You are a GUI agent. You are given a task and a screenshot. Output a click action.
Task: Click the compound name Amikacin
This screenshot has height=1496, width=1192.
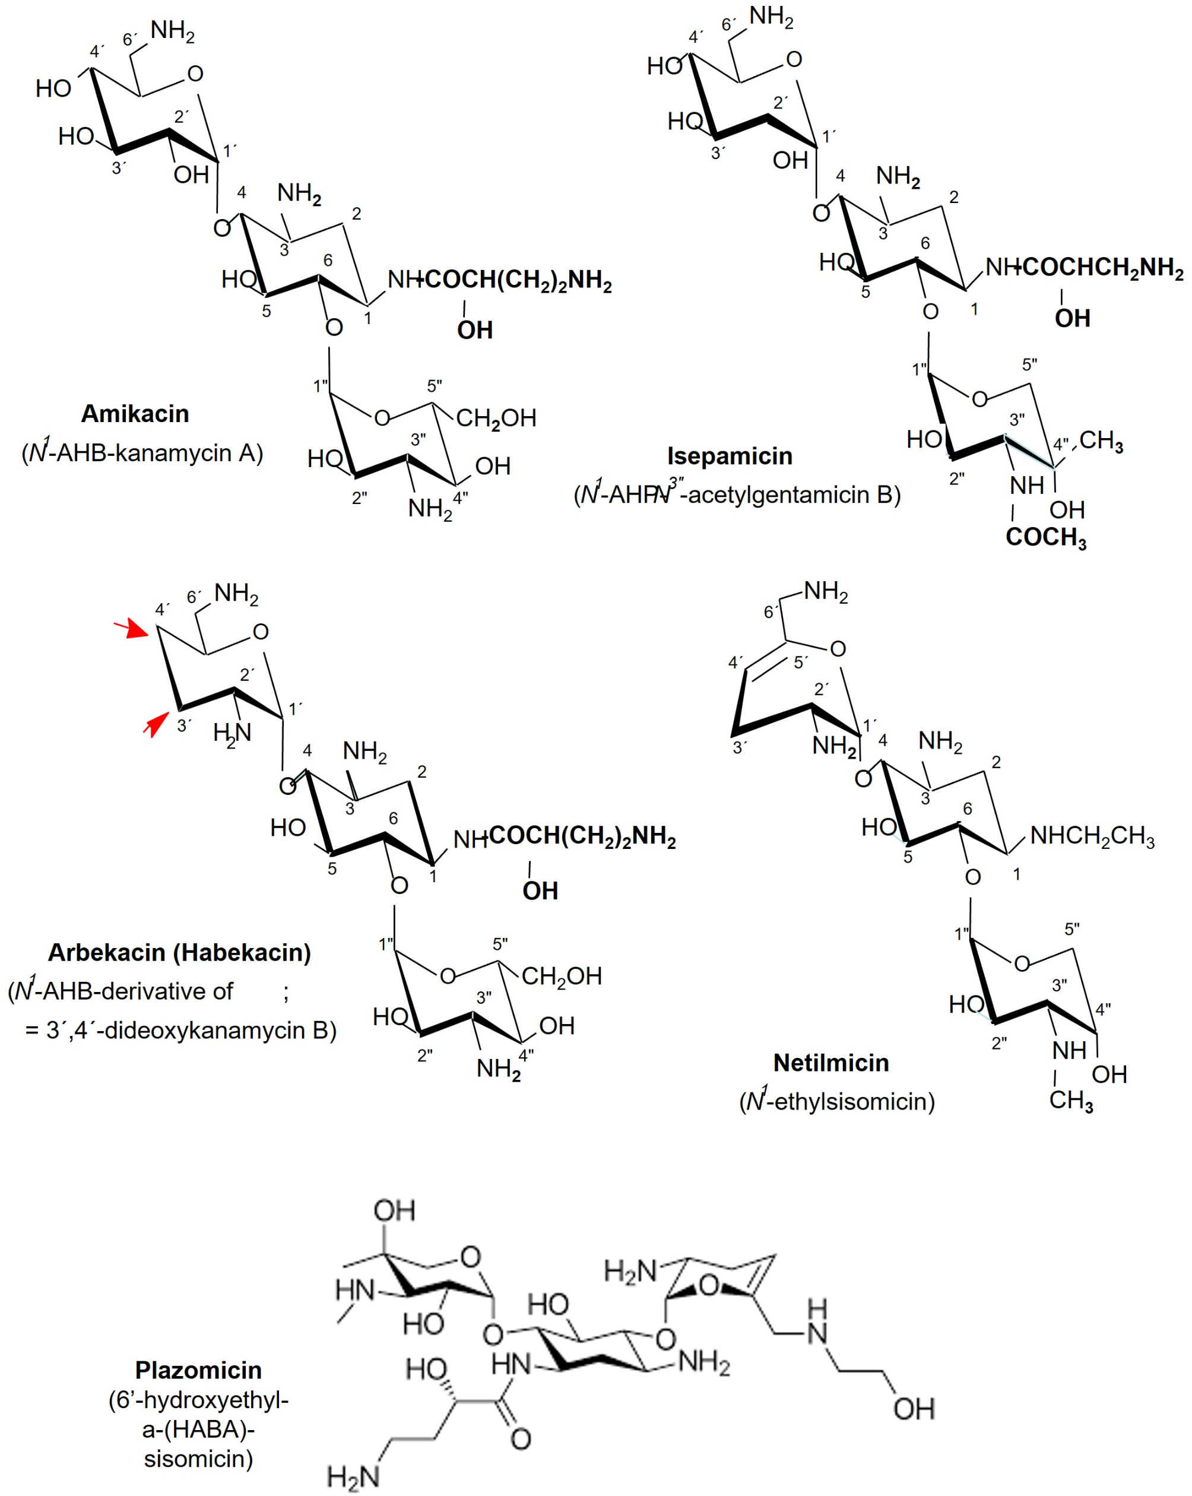pyautogui.click(x=135, y=414)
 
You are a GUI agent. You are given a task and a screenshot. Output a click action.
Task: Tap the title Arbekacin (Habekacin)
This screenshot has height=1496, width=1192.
pyautogui.click(x=179, y=952)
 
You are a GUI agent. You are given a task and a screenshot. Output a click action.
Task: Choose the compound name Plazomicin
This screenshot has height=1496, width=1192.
pyautogui.click(x=198, y=1370)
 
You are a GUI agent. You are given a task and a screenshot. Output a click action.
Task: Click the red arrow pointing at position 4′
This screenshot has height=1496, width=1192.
pyautogui.click(x=131, y=630)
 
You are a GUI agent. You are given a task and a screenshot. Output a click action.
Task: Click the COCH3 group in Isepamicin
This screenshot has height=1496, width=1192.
pyautogui.click(x=1045, y=537)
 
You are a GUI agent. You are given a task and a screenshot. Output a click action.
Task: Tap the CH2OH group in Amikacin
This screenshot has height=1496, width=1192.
pyautogui.click(x=496, y=419)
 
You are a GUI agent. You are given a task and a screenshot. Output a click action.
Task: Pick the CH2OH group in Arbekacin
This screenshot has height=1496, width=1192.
pyautogui.click(x=562, y=977)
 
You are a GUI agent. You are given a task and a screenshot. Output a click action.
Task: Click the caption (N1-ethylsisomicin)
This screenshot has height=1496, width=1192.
pyautogui.click(x=837, y=1101)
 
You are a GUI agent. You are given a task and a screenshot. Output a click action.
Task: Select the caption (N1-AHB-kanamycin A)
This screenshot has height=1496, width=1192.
pyautogui.click(x=142, y=452)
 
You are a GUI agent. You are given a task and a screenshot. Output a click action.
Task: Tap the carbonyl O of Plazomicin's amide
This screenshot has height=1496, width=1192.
pyautogui.click(x=521, y=1438)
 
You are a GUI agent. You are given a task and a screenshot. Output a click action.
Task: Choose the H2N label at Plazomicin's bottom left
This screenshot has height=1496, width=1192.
pyautogui.click(x=353, y=1476)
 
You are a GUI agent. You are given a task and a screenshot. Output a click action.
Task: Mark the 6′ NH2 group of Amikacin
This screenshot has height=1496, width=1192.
pyautogui.click(x=172, y=31)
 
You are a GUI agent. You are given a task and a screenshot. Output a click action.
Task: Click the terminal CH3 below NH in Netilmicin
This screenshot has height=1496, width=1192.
pyautogui.click(x=1070, y=1100)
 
